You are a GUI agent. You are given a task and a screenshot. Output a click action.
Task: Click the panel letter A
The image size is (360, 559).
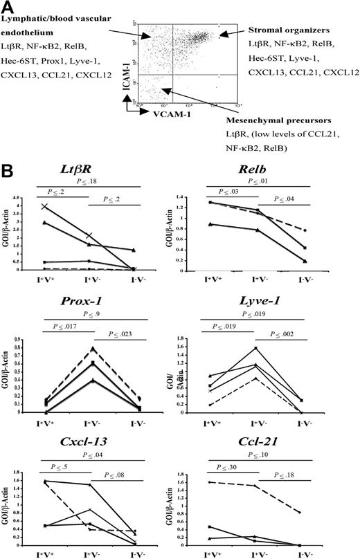[10, 8]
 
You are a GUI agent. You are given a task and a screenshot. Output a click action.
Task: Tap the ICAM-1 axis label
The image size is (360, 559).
[129, 51]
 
